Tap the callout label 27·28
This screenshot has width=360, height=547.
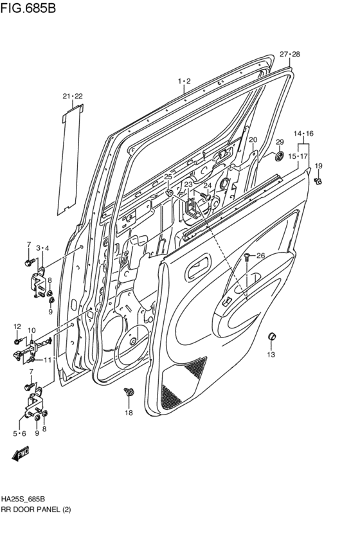289,54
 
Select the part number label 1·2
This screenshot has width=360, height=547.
184,81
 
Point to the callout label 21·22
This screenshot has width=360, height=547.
73,96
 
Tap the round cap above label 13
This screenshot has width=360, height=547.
271,337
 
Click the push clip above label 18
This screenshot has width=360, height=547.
129,391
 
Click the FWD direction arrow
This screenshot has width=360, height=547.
21,456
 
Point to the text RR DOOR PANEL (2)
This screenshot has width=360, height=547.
36,509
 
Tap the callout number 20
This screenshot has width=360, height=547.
253,139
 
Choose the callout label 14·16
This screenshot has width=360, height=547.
303,134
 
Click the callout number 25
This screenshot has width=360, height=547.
168,176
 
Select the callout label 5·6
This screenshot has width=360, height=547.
19,433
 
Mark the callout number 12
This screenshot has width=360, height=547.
17,327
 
